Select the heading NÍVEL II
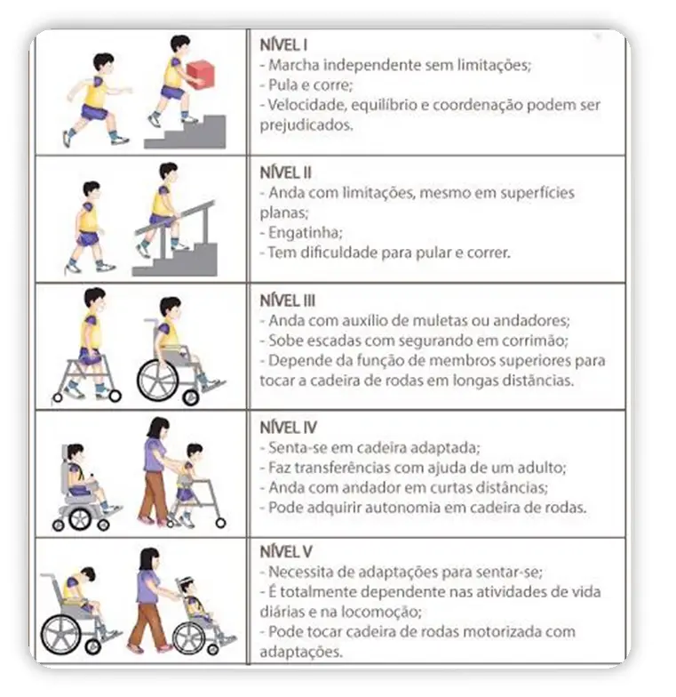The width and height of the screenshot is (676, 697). tap(286, 172)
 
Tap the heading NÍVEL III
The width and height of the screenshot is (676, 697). tap(288, 300)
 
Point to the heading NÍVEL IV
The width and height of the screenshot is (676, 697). tap(288, 428)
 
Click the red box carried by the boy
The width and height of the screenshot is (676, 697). tap(200, 74)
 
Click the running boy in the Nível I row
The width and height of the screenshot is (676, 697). tap(95, 98)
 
